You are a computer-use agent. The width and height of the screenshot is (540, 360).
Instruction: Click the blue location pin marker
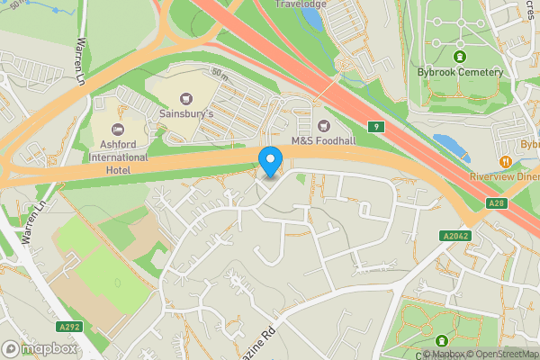(x=271, y=161)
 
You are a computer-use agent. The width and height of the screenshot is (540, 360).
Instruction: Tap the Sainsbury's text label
(x=186, y=116)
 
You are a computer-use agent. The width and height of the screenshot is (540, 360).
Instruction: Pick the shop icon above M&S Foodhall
(x=322, y=123)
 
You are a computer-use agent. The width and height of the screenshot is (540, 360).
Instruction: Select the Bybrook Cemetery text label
(x=459, y=72)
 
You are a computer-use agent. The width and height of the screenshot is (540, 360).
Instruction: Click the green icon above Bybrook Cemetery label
(x=459, y=56)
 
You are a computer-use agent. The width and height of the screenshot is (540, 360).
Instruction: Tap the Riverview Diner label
(x=504, y=177)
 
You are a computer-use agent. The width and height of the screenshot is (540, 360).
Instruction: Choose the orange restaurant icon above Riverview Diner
(x=507, y=161)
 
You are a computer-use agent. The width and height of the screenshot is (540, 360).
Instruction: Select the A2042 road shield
(x=455, y=236)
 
